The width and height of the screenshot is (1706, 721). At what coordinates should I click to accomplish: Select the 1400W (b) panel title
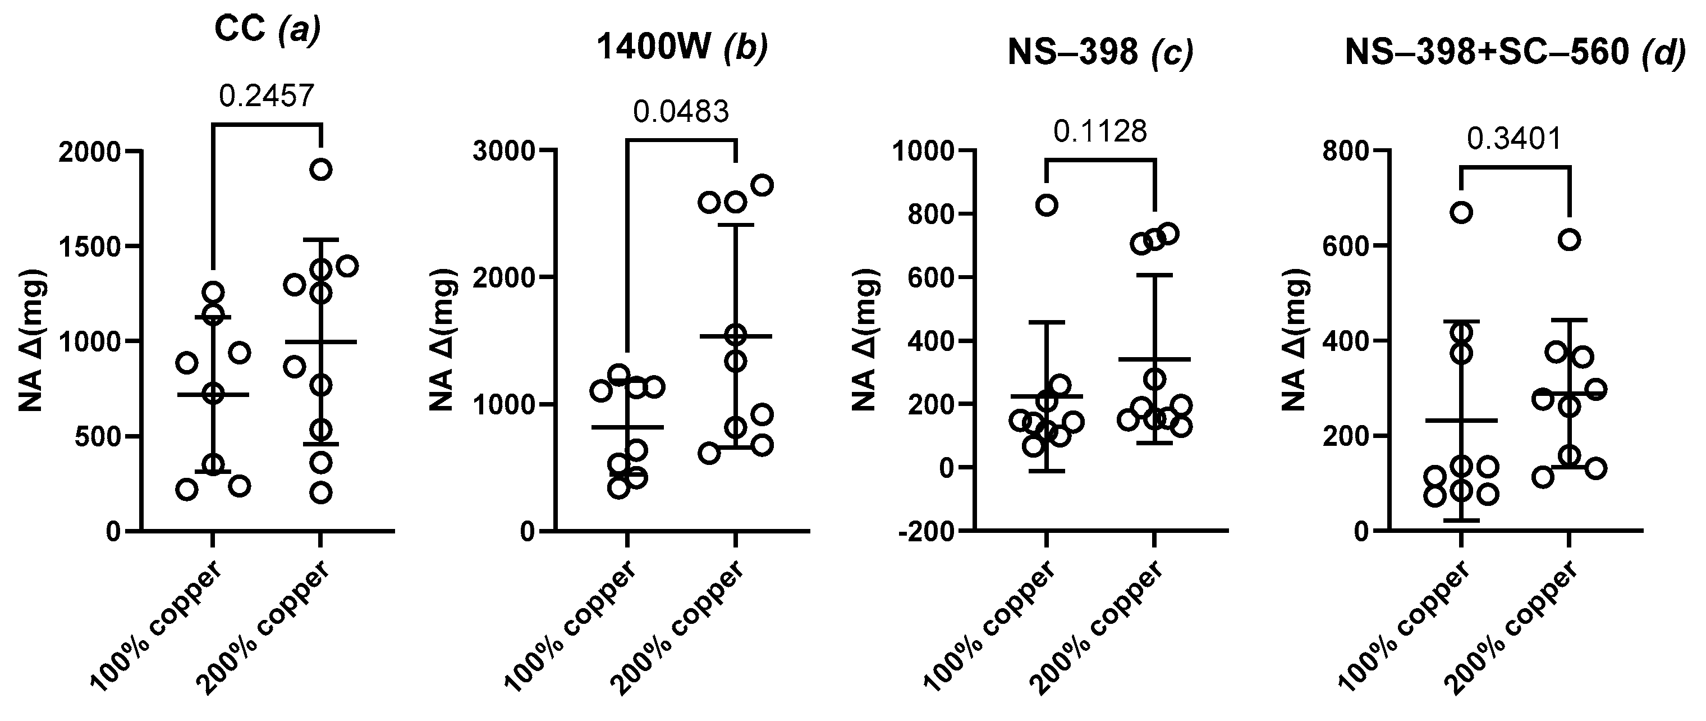click(x=682, y=48)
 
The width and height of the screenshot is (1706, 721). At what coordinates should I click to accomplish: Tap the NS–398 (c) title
click(x=1100, y=52)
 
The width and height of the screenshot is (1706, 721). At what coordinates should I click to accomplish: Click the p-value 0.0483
click(x=681, y=112)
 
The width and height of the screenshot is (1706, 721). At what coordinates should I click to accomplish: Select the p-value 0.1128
click(x=1100, y=132)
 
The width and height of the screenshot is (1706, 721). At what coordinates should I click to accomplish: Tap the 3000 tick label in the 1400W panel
click(x=504, y=151)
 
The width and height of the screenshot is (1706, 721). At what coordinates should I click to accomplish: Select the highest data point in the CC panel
click(x=320, y=170)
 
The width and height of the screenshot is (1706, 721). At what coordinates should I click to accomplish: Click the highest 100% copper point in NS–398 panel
click(x=1047, y=206)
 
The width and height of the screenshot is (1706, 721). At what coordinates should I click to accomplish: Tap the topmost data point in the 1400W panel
click(x=763, y=185)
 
